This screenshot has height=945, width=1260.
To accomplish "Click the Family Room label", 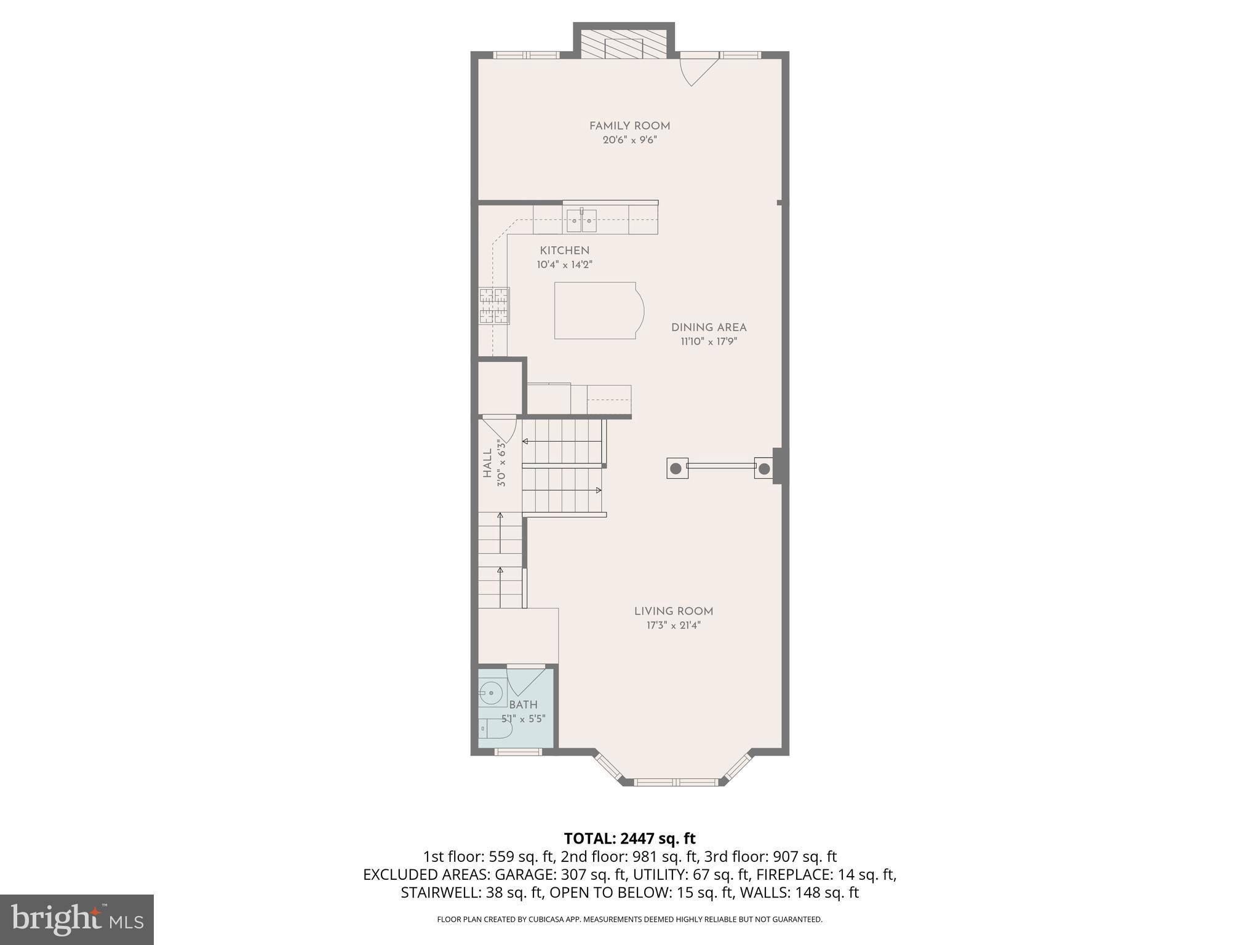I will coord(629,126).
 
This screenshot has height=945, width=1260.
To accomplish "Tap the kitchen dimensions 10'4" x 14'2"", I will coord(564,265).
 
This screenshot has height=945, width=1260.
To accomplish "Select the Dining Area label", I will coord(709,327).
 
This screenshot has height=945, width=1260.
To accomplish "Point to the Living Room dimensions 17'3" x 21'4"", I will coord(674,626).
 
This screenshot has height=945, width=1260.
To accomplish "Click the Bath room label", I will coord(524,705).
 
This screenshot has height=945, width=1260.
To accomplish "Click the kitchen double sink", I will coord(581,220).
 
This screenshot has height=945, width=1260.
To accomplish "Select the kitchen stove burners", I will coord(495,306).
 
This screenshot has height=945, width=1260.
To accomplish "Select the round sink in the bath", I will coord(490,693).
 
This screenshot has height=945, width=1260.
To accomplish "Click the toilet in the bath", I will coord(495,729).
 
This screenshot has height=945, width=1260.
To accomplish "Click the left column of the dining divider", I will coord(676,468).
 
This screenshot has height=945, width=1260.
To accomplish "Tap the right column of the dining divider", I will coord(764,469).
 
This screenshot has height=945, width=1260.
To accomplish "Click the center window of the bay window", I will coord(676,782).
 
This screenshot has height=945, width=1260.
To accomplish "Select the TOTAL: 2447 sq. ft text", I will coord(629,838).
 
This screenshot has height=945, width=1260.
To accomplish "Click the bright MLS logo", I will coord(76,919).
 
